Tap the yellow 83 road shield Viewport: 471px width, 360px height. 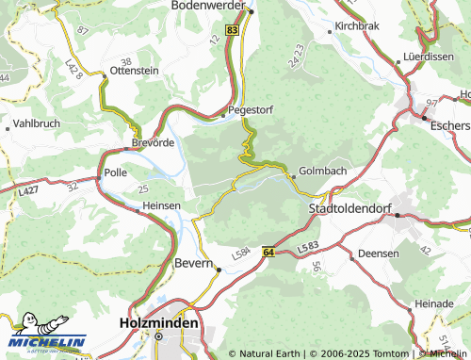[x=233, y=30]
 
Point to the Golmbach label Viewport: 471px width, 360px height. [x=322, y=172]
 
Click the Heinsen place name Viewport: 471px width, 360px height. [x=161, y=205]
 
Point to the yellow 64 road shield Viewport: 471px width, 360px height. [x=268, y=253]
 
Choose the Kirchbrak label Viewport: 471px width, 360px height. [x=357, y=26]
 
